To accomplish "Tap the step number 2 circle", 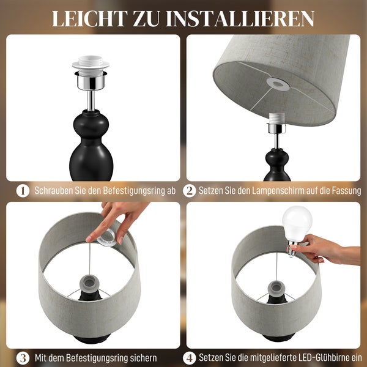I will click(190, 191).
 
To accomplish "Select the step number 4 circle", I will click(190, 358).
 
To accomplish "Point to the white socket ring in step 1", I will click(90, 64).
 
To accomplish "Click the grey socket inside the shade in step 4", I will click(276, 286).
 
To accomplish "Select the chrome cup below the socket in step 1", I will click(90, 80).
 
